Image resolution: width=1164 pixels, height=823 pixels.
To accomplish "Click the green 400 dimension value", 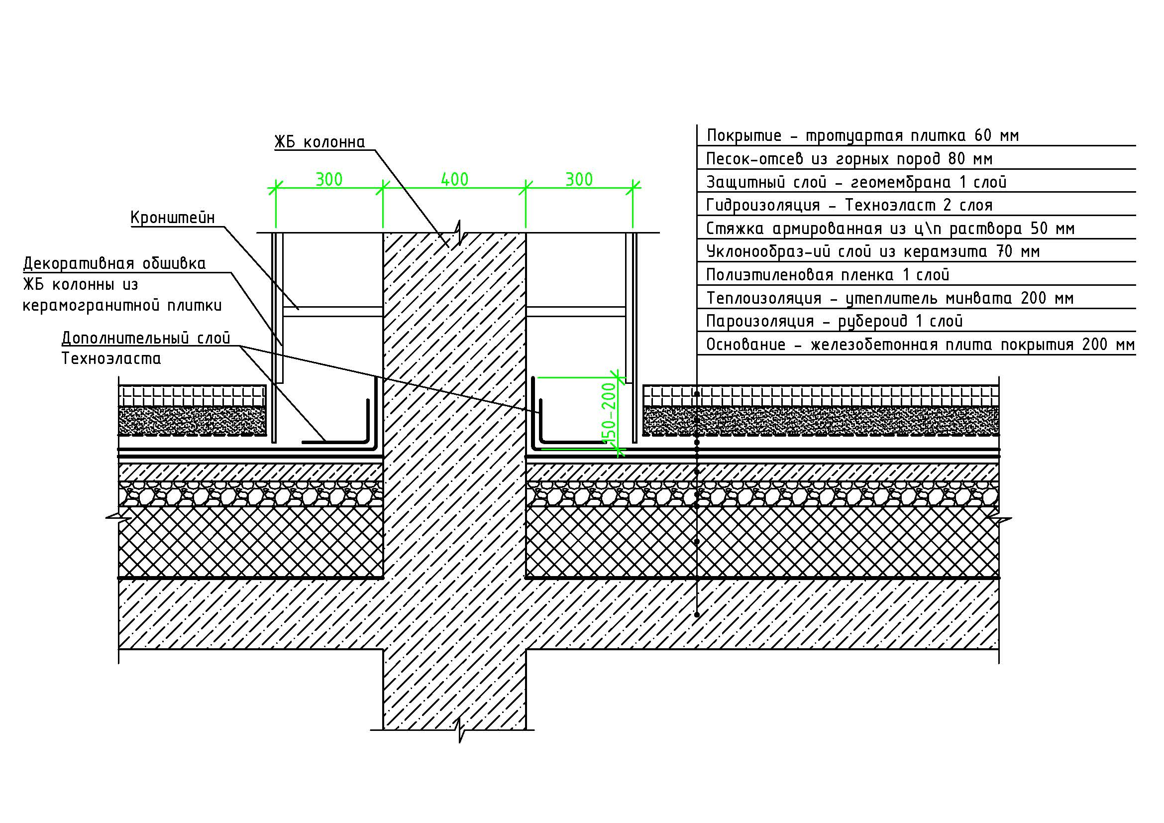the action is [454, 179].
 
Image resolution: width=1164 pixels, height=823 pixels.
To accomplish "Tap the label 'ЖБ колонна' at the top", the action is [320, 142].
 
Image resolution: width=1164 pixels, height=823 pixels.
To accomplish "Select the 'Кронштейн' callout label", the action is [173, 218].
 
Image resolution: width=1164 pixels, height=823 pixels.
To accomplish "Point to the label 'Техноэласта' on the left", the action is [111, 358].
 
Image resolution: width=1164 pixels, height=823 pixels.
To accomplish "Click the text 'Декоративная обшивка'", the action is [114, 264].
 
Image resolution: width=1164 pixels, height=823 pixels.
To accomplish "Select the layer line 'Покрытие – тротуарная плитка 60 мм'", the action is [863, 135].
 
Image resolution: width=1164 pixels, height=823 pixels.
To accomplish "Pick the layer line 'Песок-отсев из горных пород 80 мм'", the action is [849, 159].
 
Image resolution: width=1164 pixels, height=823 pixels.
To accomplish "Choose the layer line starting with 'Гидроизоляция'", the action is [849, 205].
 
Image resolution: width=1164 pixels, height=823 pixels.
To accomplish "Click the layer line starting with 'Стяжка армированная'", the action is [890, 228].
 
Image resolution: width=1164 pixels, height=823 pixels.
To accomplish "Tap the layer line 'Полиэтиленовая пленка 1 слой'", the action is [828, 275].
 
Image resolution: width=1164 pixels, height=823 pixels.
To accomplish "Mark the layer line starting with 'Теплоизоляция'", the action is [890, 298].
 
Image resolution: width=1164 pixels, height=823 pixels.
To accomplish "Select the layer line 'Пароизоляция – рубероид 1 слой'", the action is [835, 321].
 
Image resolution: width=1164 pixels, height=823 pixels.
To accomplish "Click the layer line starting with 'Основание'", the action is [920, 345].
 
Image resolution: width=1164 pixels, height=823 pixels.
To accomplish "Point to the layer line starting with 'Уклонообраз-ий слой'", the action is [873, 251].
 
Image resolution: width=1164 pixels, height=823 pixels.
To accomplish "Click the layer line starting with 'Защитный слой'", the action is [856, 182].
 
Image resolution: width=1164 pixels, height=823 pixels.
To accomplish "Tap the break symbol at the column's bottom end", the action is [460, 730].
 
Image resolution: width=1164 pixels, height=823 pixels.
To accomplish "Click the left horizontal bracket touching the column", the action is [332, 312].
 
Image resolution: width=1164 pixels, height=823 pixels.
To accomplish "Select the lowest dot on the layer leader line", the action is [697, 615].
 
